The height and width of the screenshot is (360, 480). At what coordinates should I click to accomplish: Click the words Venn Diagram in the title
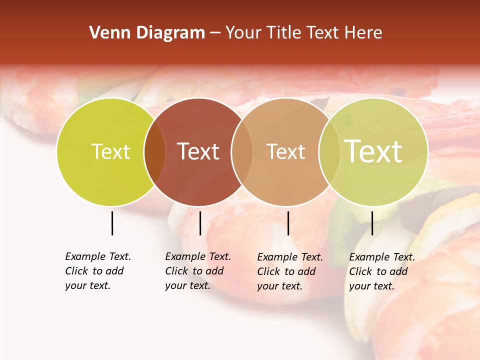tap(147, 33)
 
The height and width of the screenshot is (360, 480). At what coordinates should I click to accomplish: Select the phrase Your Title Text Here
tap(303, 33)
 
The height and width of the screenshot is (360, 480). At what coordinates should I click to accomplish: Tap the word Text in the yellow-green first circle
tap(110, 151)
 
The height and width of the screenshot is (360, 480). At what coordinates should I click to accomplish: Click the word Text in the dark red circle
tap(198, 151)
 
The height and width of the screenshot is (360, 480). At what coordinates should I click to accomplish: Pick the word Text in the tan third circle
tap(285, 151)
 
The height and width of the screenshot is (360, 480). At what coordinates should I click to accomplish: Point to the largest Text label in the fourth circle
tap(373, 151)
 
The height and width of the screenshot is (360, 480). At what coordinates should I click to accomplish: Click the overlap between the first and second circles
tap(154, 152)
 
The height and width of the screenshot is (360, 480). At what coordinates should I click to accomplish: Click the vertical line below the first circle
tap(112, 223)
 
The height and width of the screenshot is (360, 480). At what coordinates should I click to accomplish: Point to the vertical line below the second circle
tap(200, 223)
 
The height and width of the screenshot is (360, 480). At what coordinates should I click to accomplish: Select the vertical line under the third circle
tap(288, 223)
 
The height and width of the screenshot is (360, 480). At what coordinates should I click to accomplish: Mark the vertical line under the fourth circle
tap(372, 223)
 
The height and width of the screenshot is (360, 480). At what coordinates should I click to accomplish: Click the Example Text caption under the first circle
tap(98, 271)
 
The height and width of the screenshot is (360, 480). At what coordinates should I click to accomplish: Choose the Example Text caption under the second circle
tap(198, 271)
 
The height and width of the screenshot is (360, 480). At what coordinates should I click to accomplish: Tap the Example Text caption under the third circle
tap(290, 271)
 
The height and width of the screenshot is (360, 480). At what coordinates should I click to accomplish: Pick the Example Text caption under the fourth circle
tap(382, 271)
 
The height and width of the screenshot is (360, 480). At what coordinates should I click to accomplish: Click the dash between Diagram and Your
tap(215, 33)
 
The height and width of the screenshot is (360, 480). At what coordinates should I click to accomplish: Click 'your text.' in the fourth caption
tap(371, 286)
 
